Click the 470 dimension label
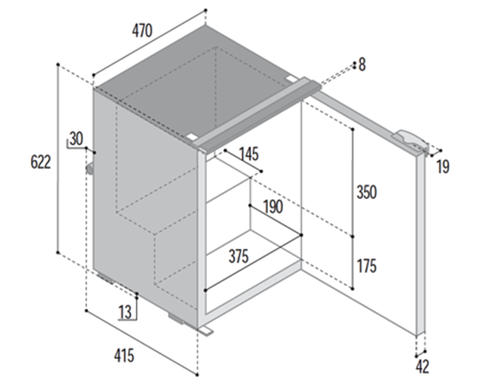[142, 31]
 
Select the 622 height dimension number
[40, 162]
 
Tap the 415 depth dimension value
[124, 355]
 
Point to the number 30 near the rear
[76, 139]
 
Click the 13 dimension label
[125, 312]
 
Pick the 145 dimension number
[249, 154]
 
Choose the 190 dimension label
[273, 207]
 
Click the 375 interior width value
[238, 256]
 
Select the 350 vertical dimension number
[367, 192]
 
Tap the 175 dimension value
[367, 266]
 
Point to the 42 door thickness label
[422, 366]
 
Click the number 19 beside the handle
[443, 167]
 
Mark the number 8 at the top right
[362, 65]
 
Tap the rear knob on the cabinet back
[90, 169]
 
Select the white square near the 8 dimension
[291, 78]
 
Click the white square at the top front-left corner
[193, 137]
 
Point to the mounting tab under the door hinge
[206, 331]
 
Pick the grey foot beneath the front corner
[176, 318]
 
